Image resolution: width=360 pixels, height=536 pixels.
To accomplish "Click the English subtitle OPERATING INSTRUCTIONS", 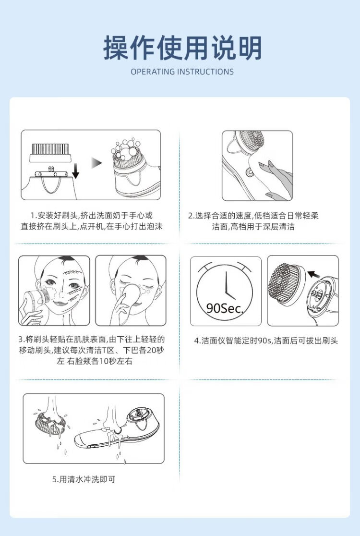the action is (182, 72).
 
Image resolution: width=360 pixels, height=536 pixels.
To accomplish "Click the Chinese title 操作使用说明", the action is (182, 48).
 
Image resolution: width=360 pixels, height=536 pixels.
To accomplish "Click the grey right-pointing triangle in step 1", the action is (96, 163).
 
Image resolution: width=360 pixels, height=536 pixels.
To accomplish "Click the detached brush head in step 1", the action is (51, 152).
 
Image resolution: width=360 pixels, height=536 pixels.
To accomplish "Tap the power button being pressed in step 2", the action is (249, 172).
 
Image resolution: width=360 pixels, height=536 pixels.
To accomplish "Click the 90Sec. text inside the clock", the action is (225, 308).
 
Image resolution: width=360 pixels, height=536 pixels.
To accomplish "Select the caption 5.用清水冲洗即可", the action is (84, 479).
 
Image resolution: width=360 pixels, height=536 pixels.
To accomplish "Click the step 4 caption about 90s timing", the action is (266, 341).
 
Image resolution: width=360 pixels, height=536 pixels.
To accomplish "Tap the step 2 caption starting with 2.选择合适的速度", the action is (253, 216).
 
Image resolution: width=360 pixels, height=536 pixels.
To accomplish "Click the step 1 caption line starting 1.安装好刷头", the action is (92, 215).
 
